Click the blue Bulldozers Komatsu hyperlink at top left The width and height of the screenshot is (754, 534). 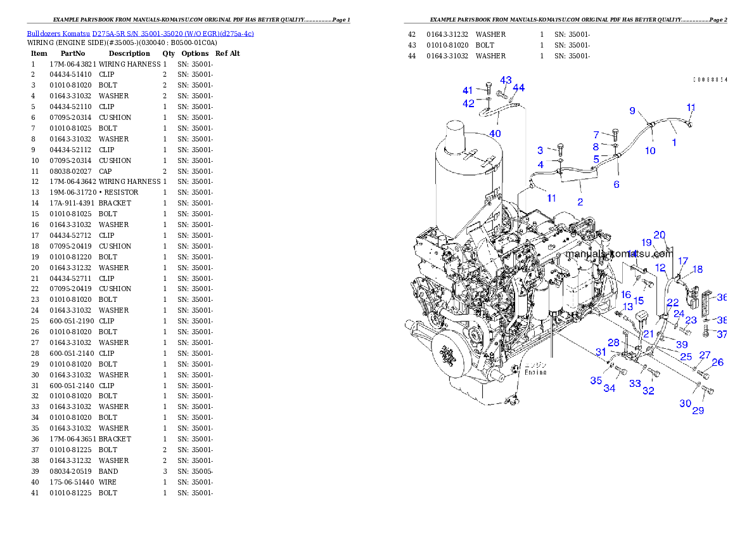click(x=140, y=34)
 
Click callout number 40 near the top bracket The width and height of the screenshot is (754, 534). click(x=495, y=133)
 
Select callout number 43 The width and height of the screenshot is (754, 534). click(x=506, y=81)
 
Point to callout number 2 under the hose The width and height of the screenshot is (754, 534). click(x=580, y=202)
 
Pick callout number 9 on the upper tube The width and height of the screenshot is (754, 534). click(x=632, y=110)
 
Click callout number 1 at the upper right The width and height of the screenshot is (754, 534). click(x=674, y=143)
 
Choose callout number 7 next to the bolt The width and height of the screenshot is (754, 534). click(x=596, y=134)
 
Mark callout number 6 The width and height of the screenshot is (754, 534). click(x=616, y=185)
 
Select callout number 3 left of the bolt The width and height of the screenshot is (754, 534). click(x=540, y=150)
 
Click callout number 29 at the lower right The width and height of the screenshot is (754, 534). click(x=698, y=410)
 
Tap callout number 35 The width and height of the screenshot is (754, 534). click(x=596, y=381)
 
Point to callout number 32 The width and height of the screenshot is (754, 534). click(x=648, y=391)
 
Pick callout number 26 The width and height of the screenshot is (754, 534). click(x=717, y=363)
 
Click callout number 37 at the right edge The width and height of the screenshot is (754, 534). click(x=722, y=334)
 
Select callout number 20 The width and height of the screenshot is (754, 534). click(x=660, y=235)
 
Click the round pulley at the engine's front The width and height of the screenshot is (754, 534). click(x=450, y=358)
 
